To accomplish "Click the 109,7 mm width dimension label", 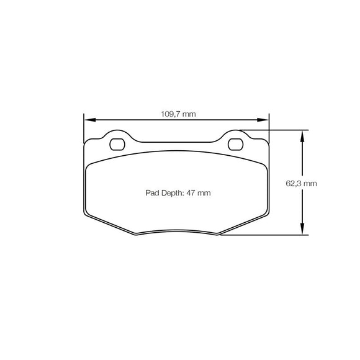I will coord(179,114).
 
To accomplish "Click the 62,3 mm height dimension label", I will coord(301,184).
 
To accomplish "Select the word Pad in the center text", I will coord(153,193).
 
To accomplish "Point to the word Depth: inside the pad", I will coord(172,193).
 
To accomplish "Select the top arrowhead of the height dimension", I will coord(302,134).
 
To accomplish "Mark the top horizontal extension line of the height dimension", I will coord(273,130).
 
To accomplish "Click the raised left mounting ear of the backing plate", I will coord(117,135).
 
